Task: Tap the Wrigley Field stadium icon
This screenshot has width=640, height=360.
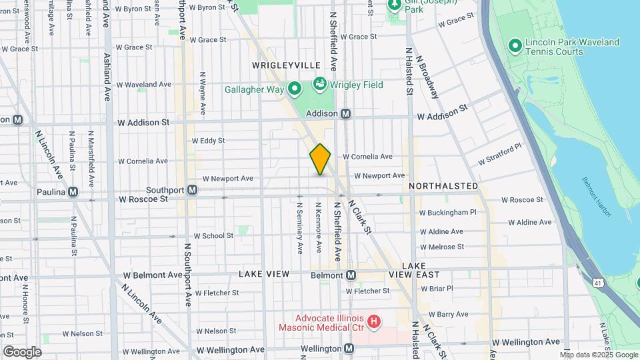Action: [x=319, y=85]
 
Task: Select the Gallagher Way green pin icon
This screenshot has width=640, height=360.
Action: [x=293, y=89]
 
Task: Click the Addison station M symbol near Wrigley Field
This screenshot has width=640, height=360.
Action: [x=346, y=114]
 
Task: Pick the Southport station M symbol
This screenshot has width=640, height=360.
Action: [x=192, y=190]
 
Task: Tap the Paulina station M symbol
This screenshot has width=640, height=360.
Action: [x=73, y=191]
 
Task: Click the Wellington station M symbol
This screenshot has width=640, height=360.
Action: [x=349, y=349]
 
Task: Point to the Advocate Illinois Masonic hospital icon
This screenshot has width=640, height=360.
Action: [x=374, y=323]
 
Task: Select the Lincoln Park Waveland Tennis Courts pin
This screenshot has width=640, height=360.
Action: [x=515, y=46]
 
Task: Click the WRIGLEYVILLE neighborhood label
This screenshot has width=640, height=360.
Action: [x=286, y=65]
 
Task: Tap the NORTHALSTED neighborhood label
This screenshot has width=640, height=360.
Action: [x=443, y=185]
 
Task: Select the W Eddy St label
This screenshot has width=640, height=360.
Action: [x=208, y=141]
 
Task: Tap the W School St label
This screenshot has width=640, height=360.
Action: [x=213, y=236]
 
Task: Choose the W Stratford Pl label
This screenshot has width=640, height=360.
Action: [x=499, y=156]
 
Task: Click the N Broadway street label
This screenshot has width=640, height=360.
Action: [x=428, y=77]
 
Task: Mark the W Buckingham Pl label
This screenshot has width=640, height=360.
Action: [x=447, y=213]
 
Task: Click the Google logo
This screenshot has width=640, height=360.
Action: [x=22, y=352]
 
